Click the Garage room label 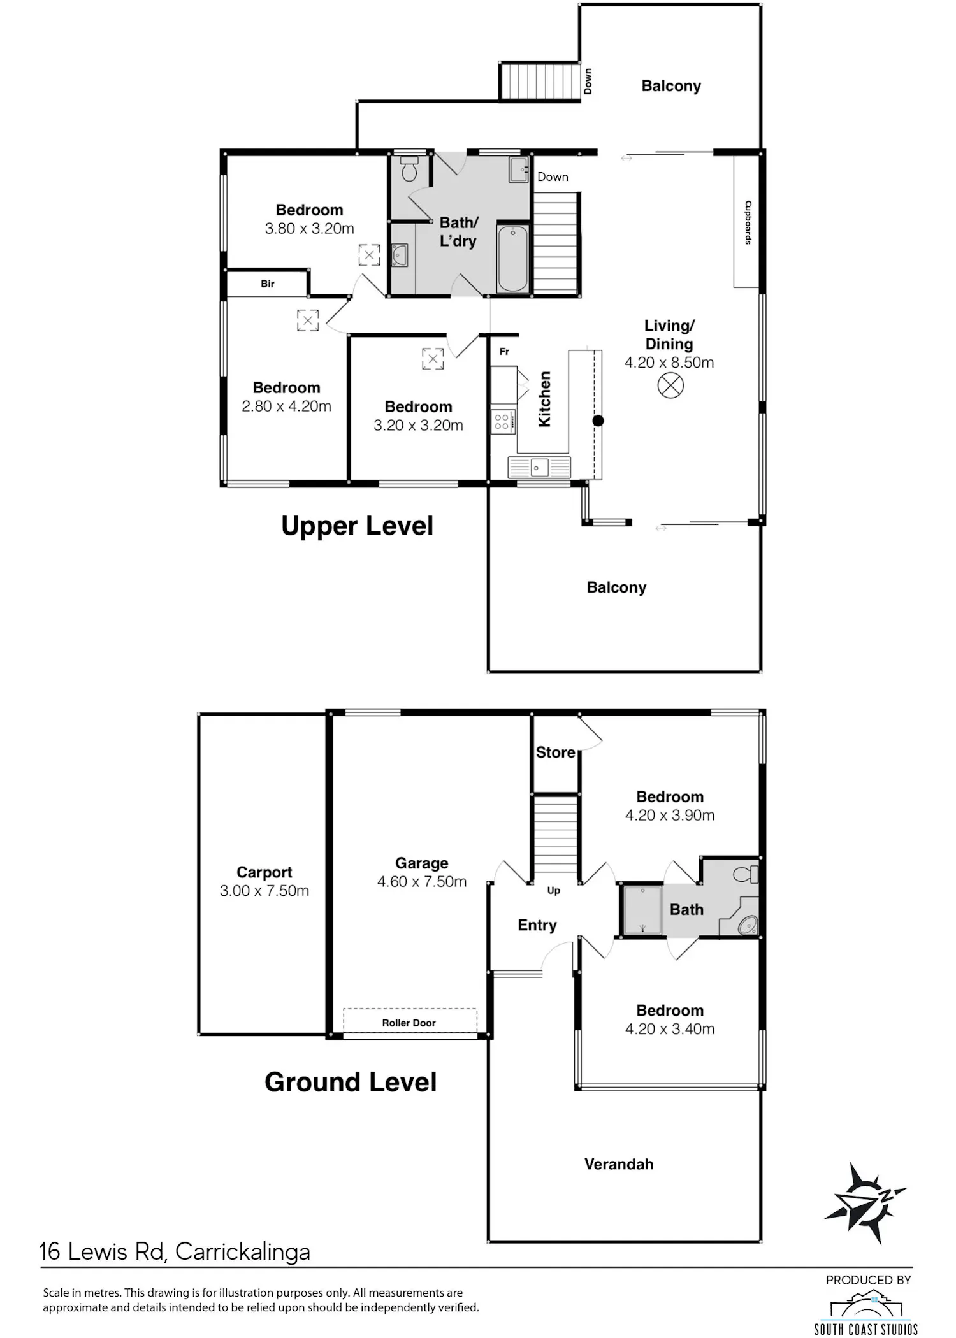(x=422, y=863)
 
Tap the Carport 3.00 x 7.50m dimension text (x=264, y=891)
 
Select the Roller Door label (x=409, y=1023)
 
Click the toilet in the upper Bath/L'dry (x=409, y=168)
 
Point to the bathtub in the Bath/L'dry (x=513, y=258)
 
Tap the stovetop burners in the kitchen (x=502, y=422)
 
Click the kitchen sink (x=539, y=468)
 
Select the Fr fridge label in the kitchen (x=504, y=352)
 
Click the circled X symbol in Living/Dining (x=670, y=385)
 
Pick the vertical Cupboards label (x=748, y=222)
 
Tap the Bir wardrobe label (x=268, y=284)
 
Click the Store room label (x=556, y=752)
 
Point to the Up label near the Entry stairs (x=554, y=891)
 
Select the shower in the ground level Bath (x=642, y=909)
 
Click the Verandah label (x=619, y=1164)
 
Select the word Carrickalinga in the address (x=243, y=1252)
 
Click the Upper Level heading (x=357, y=526)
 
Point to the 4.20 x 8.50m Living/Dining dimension (x=669, y=363)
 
